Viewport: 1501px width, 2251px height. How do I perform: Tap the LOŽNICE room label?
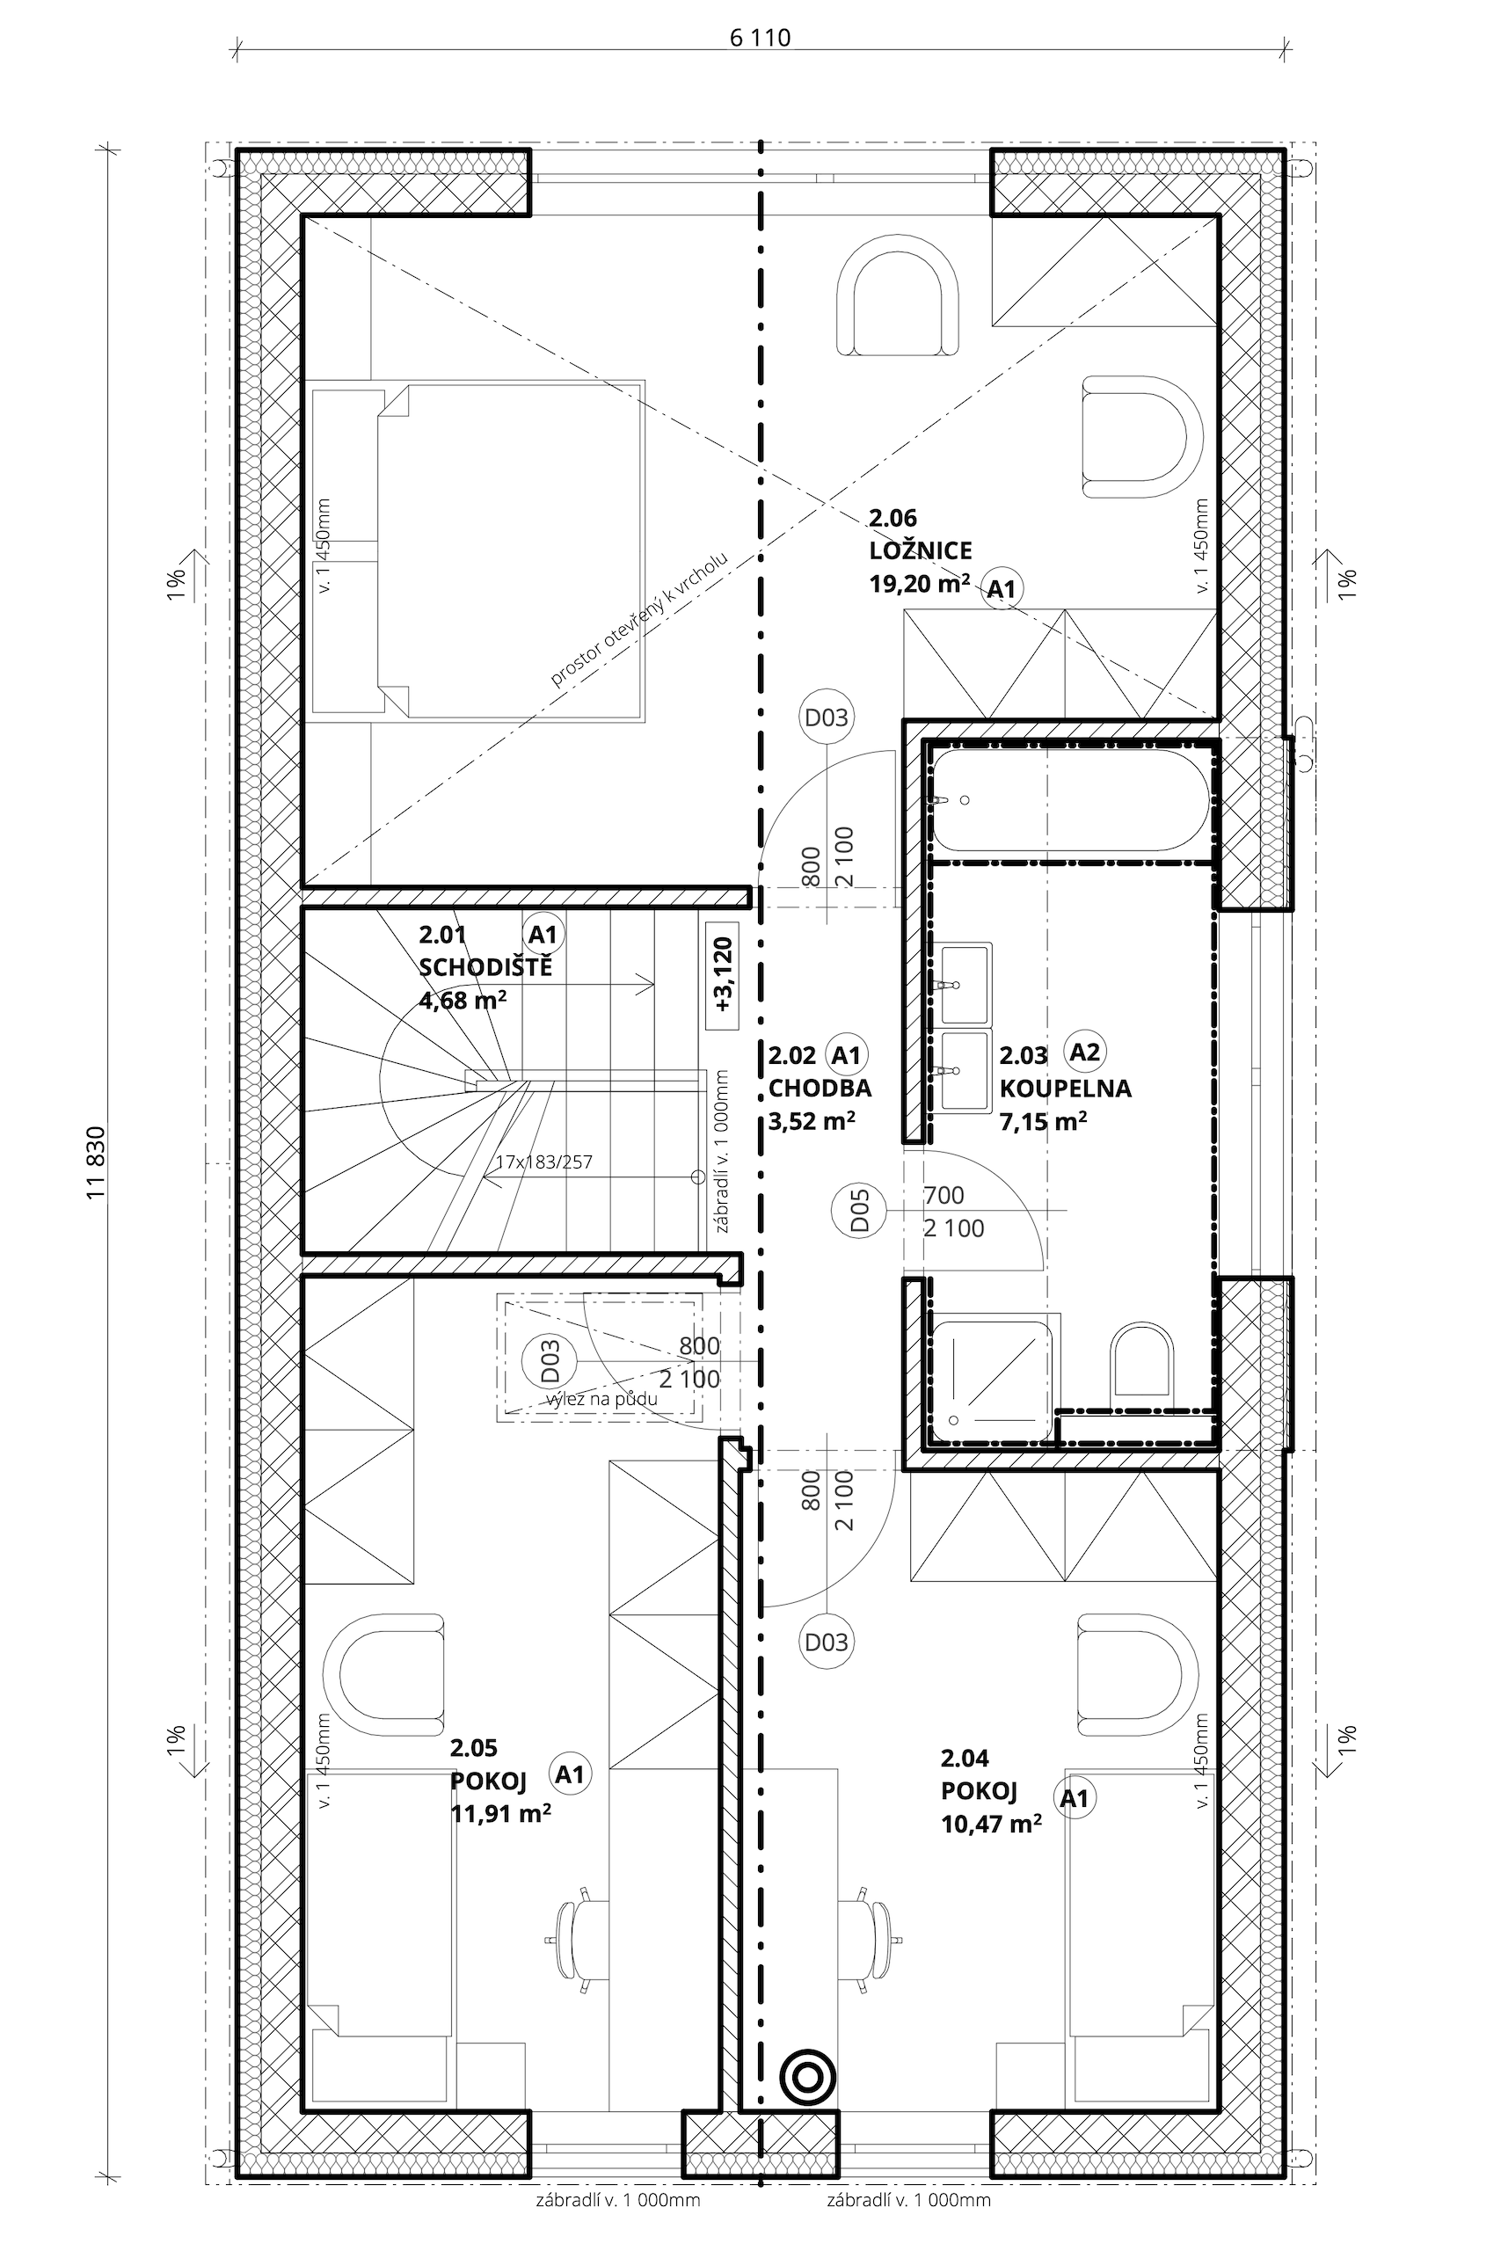(x=920, y=550)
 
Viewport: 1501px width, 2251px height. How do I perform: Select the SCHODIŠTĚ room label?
(x=485, y=966)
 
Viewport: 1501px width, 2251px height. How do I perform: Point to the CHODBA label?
(x=820, y=1089)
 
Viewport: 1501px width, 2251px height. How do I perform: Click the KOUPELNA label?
(x=1066, y=1089)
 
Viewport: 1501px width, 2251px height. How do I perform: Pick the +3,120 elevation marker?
(x=723, y=975)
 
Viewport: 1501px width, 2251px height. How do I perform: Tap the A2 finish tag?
(x=1083, y=1052)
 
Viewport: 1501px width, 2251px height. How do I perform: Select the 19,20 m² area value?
(x=919, y=583)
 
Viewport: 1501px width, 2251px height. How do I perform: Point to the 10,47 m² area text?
(x=992, y=1822)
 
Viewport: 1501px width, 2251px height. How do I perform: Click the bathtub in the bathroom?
(x=1071, y=800)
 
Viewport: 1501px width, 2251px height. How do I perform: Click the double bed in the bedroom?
(x=476, y=550)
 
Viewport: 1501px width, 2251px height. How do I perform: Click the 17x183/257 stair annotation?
(x=543, y=1162)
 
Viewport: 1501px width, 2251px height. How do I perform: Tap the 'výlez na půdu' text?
(x=602, y=1398)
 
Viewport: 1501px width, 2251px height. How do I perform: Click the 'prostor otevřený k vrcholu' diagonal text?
(x=639, y=618)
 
